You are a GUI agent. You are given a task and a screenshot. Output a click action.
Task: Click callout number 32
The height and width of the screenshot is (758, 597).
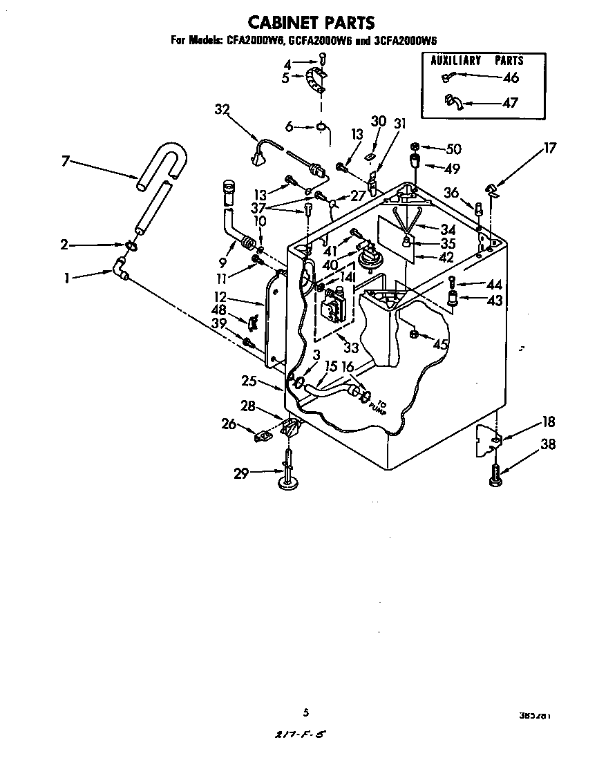click(x=222, y=109)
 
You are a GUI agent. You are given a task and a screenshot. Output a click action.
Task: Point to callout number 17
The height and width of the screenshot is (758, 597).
click(x=550, y=148)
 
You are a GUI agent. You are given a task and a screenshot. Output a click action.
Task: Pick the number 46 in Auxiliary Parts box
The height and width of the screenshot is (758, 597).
click(x=511, y=78)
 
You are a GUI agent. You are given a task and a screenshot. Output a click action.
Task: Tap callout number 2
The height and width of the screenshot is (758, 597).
click(x=64, y=244)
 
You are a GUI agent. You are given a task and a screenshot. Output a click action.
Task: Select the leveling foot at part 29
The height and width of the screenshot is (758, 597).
click(x=288, y=476)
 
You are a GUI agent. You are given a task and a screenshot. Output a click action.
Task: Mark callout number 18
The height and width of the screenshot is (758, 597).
click(x=548, y=422)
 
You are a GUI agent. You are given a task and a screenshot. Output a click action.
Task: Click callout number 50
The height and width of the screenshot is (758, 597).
click(x=453, y=149)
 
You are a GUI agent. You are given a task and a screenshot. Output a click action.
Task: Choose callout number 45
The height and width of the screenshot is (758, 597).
click(x=440, y=343)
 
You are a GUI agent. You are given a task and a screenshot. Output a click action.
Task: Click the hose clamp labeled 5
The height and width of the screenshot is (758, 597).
click(x=315, y=81)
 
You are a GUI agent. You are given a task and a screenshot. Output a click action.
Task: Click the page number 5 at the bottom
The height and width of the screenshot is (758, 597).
click(x=304, y=712)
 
